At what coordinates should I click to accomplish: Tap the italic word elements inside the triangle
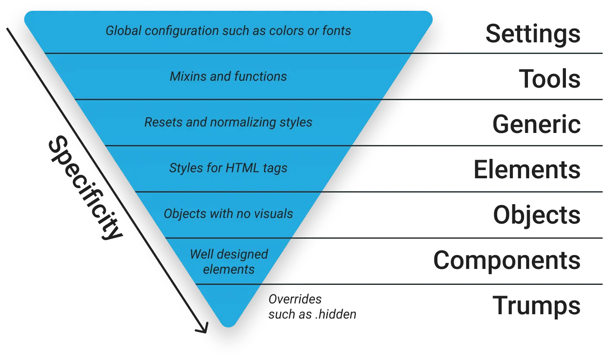[229, 269]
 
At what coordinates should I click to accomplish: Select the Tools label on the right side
[552, 80]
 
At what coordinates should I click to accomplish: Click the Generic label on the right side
[536, 125]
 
